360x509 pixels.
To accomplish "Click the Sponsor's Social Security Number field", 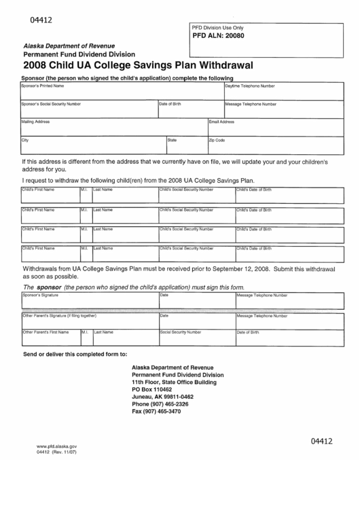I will click(88, 112).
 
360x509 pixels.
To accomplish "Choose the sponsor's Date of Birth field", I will click(190, 112).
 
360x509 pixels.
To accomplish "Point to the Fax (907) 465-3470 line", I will click(156, 411).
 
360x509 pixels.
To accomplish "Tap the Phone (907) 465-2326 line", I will click(160, 404).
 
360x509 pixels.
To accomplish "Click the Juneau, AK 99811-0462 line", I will click(163, 396).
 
